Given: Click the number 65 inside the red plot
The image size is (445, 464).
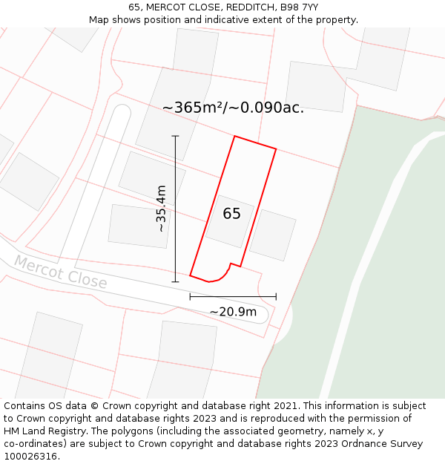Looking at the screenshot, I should (x=231, y=214).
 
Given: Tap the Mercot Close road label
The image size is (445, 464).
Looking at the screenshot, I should (x=60, y=272).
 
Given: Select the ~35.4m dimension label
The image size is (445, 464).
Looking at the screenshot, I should (x=161, y=209).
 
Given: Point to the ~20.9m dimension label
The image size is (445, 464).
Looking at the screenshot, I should (x=233, y=312).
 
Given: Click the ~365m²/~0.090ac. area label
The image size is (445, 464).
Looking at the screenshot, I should (x=233, y=108).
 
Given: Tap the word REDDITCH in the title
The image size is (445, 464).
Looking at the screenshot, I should (x=256, y=7).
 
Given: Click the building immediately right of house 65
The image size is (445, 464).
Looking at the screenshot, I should (x=273, y=235).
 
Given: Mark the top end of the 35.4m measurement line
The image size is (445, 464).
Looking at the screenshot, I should (x=176, y=136).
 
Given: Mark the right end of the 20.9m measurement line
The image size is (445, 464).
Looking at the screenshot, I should (x=276, y=296).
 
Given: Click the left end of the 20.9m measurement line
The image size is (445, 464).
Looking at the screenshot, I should (x=191, y=296).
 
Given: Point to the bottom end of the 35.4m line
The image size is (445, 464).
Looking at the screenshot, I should (x=176, y=282).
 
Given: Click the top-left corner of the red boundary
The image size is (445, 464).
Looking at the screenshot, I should (x=235, y=137).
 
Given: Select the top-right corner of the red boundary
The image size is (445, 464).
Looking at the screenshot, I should (x=276, y=149).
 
